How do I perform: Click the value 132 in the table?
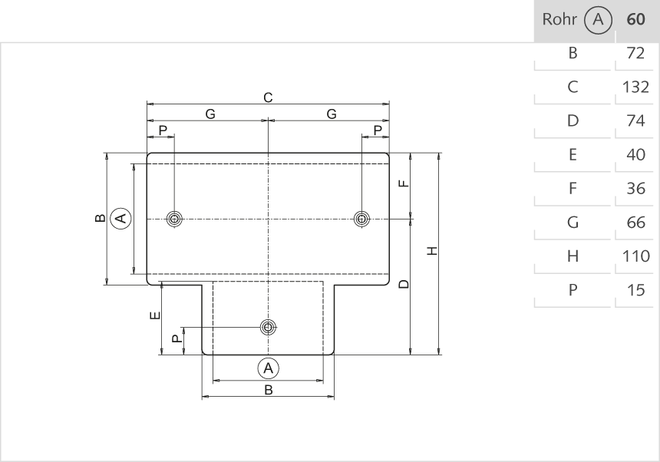click(x=635, y=87)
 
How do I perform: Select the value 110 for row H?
click(x=635, y=256)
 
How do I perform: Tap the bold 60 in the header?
click(x=635, y=19)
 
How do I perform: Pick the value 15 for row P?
click(x=635, y=290)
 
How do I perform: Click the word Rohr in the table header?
click(x=559, y=19)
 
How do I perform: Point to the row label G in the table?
click(x=572, y=223)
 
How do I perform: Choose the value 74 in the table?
click(x=635, y=120)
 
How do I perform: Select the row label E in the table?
click(x=572, y=155)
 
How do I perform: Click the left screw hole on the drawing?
click(x=175, y=219)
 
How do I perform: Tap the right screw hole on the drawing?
click(x=361, y=219)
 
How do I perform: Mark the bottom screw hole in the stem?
click(x=268, y=328)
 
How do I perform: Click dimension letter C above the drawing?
click(x=268, y=97)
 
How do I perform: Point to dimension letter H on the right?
click(x=432, y=251)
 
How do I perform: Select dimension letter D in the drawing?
click(x=404, y=285)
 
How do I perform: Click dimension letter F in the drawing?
click(x=404, y=183)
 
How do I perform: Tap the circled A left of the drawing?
click(x=120, y=219)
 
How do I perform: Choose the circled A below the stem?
click(x=268, y=368)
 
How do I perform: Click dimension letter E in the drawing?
click(x=154, y=315)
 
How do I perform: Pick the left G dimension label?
click(x=210, y=114)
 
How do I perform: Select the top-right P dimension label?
click(x=377, y=130)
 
